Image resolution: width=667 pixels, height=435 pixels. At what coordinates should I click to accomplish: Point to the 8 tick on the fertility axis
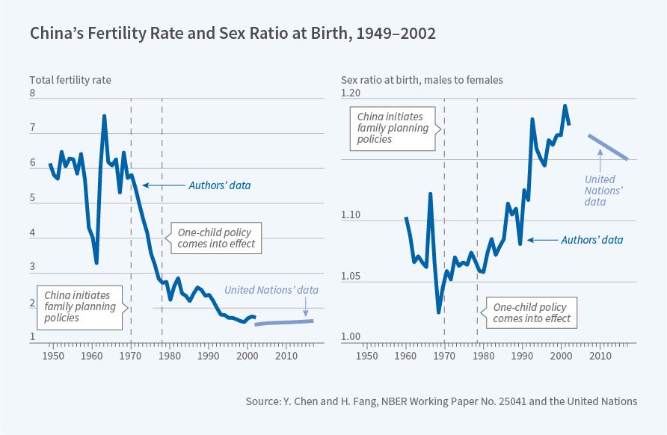[x=32, y=93]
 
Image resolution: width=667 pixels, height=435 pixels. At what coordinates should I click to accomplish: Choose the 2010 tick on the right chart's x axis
[x=600, y=354]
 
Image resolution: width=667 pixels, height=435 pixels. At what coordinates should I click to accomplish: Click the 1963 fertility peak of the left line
[x=104, y=116]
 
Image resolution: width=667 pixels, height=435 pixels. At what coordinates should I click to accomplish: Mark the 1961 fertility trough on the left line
[x=96, y=262]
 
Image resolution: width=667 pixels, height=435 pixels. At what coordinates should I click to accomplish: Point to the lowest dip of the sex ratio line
[x=438, y=312]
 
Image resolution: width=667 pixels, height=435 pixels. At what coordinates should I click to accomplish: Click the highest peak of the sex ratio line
[x=565, y=106]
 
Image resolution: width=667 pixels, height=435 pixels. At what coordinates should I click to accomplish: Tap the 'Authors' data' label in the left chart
[x=218, y=185]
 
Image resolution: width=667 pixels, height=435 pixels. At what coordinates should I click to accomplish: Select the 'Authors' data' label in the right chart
[x=591, y=240]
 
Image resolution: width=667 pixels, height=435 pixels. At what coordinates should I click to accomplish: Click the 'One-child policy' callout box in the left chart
[x=216, y=238]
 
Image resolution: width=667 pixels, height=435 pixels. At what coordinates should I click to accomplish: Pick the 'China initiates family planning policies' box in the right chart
[x=392, y=128]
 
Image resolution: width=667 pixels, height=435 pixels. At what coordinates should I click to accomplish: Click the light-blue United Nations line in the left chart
[x=284, y=323]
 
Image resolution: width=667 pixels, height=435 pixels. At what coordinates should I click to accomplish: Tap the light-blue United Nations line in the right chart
[x=608, y=147]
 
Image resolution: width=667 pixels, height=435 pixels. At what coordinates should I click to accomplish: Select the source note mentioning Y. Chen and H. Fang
[x=441, y=401]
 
